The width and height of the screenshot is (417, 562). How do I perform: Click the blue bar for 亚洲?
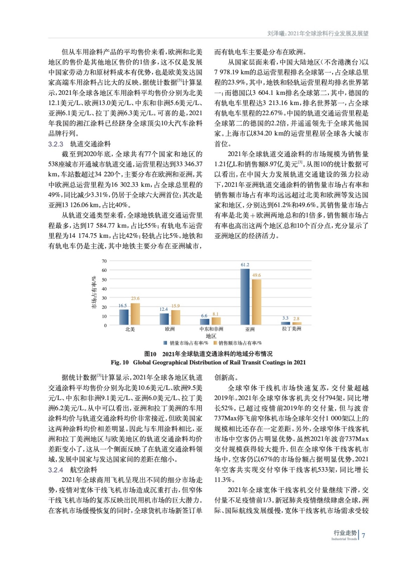coord(245,297)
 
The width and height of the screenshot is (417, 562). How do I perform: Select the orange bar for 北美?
coord(135,314)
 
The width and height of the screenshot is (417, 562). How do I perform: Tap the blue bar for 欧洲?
coord(164,319)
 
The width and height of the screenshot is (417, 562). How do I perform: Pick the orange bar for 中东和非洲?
coord(216,321)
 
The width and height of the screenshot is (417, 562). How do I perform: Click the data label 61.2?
coord(245,265)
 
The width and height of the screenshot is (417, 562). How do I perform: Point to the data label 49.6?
coord(256,275)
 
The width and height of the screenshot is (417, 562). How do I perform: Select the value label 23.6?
coord(135,299)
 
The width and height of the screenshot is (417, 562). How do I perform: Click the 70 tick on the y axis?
coord(104,261)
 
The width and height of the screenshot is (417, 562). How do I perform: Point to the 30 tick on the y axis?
coord(104,298)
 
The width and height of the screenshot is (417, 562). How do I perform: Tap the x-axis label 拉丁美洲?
coord(292,329)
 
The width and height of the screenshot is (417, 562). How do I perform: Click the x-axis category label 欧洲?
coord(170,329)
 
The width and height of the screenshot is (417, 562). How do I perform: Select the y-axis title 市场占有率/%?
coord(94,293)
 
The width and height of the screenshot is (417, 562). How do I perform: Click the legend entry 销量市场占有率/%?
coord(186,343)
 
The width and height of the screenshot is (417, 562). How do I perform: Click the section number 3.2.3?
coord(56,144)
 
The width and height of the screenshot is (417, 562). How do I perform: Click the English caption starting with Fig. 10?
coord(208,362)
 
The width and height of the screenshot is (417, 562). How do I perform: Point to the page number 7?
coord(364,536)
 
